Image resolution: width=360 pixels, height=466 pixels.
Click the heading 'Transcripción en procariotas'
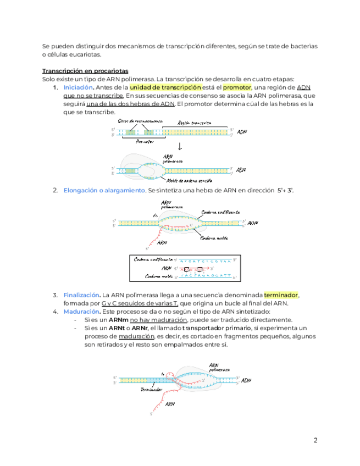coord(85,71)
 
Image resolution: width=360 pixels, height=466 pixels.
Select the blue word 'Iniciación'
coord(79,87)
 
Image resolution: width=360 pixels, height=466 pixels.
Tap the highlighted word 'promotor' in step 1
coord(237,87)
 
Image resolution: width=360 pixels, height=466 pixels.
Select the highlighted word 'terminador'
coord(281,295)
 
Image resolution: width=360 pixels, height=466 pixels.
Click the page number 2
coord(315,440)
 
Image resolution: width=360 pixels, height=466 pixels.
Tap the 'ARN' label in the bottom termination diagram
coord(171,405)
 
